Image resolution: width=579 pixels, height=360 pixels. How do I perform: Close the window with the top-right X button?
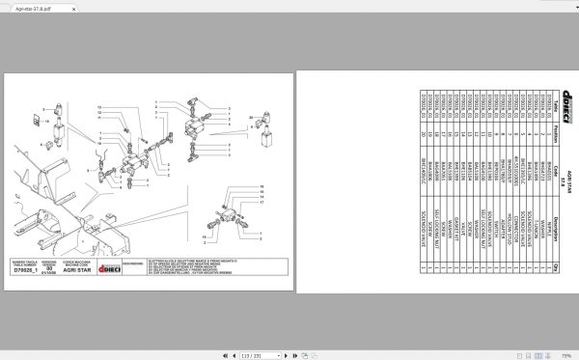pos(569,7)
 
